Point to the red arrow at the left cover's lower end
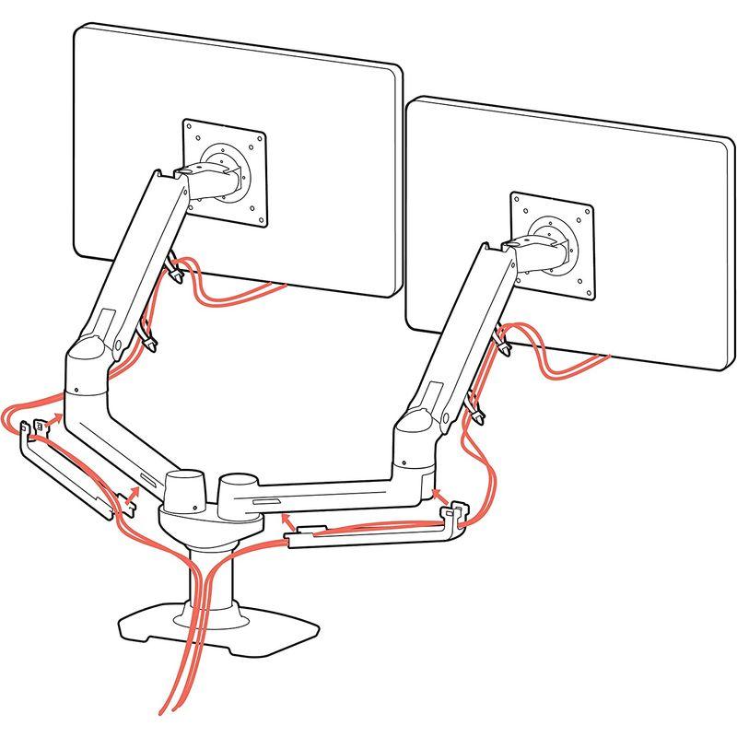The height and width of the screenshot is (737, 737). point(132,498)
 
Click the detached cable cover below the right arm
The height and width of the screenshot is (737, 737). point(368,534)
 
